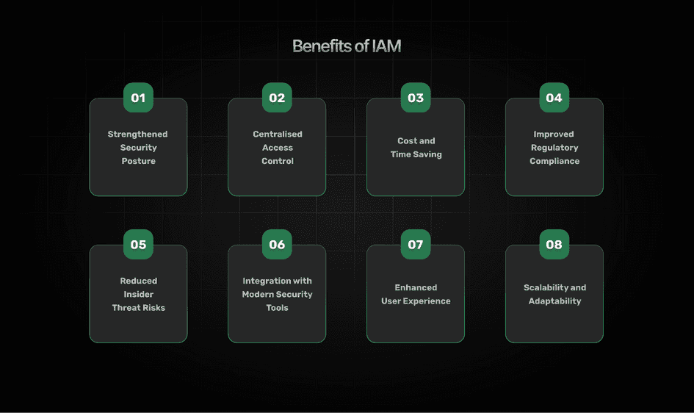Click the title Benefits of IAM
point(347,46)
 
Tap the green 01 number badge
point(138,98)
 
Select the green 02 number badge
point(277,98)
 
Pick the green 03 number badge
point(416,98)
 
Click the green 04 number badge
point(554,98)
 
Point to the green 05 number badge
point(138,245)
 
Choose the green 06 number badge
point(277,245)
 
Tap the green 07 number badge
point(416,245)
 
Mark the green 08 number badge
point(554,245)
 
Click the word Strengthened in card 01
point(138,134)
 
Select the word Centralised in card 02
point(278,134)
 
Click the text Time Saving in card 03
point(416,154)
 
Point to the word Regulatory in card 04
point(554,148)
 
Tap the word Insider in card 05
point(138,295)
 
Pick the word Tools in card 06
point(278,308)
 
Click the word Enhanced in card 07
point(416,288)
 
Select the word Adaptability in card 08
point(554,301)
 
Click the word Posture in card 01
point(138,161)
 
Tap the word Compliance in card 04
point(554,161)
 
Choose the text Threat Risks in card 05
point(138,308)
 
